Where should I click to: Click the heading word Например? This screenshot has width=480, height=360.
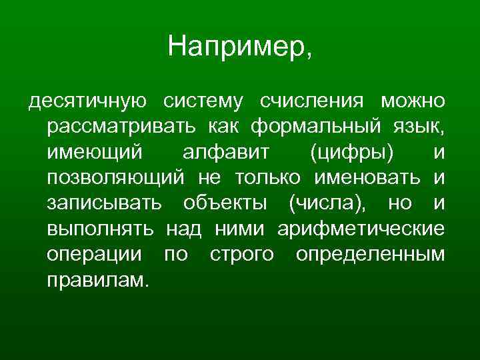(239, 47)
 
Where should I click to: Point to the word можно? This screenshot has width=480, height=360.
(412, 101)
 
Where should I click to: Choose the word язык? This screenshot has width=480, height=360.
(420, 127)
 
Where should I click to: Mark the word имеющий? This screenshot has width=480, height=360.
(95, 153)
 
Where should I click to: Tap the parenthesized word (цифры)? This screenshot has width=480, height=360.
(352, 153)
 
